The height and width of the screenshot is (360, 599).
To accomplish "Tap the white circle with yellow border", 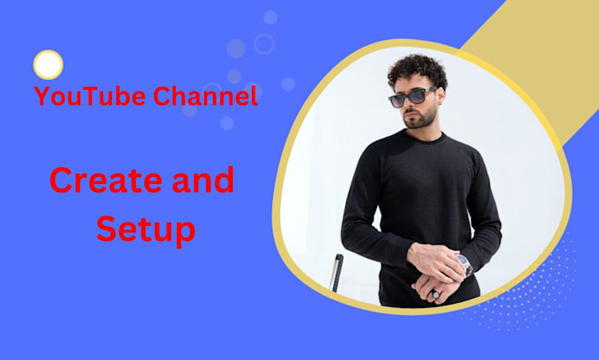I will tap(48, 64).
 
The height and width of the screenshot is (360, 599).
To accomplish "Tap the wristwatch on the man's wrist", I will tap(464, 264).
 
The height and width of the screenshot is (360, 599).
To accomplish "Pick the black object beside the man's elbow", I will tap(337, 272).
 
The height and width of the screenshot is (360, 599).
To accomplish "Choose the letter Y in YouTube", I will tap(41, 96).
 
